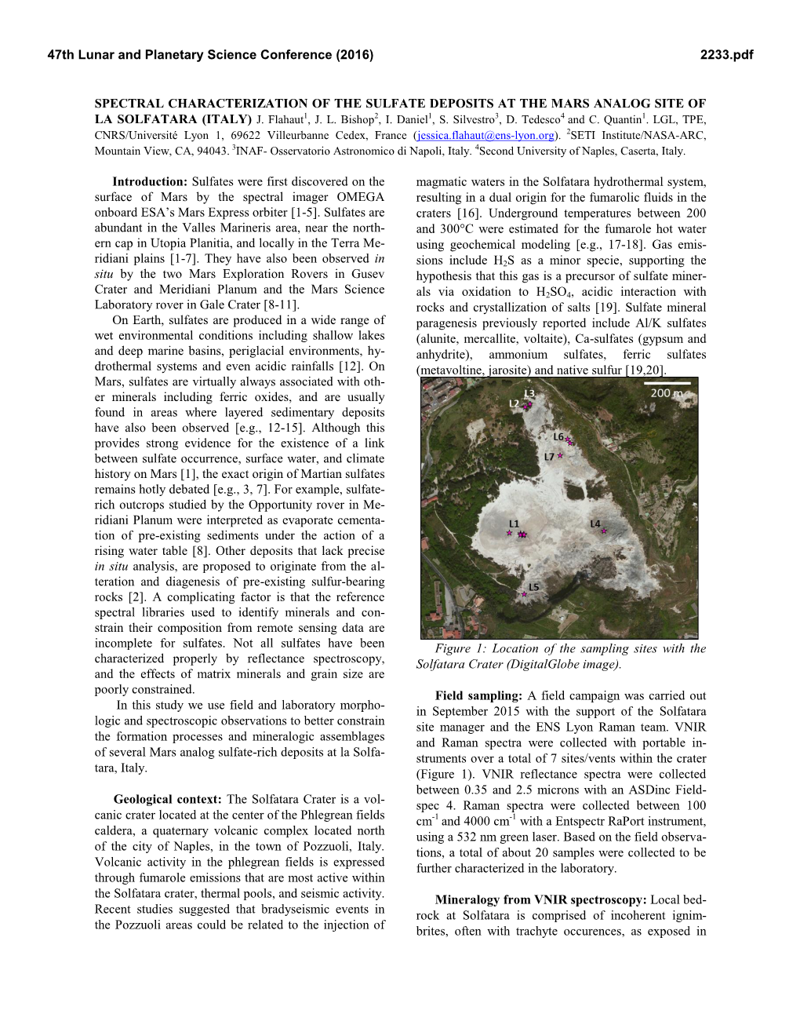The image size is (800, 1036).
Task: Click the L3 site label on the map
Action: tap(529, 393)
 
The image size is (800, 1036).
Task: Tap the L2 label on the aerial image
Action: tap(514, 403)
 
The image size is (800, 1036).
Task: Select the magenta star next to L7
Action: tap(560, 455)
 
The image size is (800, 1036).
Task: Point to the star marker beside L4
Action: tap(604, 531)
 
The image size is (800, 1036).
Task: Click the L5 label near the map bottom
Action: tap(533, 587)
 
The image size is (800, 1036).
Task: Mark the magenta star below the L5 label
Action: tap(525, 594)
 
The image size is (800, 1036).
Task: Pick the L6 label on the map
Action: tap(558, 436)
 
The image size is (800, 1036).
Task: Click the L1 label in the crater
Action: tap(514, 523)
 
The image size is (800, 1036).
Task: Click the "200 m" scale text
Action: tap(665, 392)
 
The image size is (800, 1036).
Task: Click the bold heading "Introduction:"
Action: tap(150, 181)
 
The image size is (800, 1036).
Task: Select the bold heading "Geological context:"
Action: tap(169, 799)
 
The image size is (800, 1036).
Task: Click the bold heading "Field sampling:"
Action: tap(478, 695)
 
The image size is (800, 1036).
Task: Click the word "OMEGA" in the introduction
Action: tap(361, 197)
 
